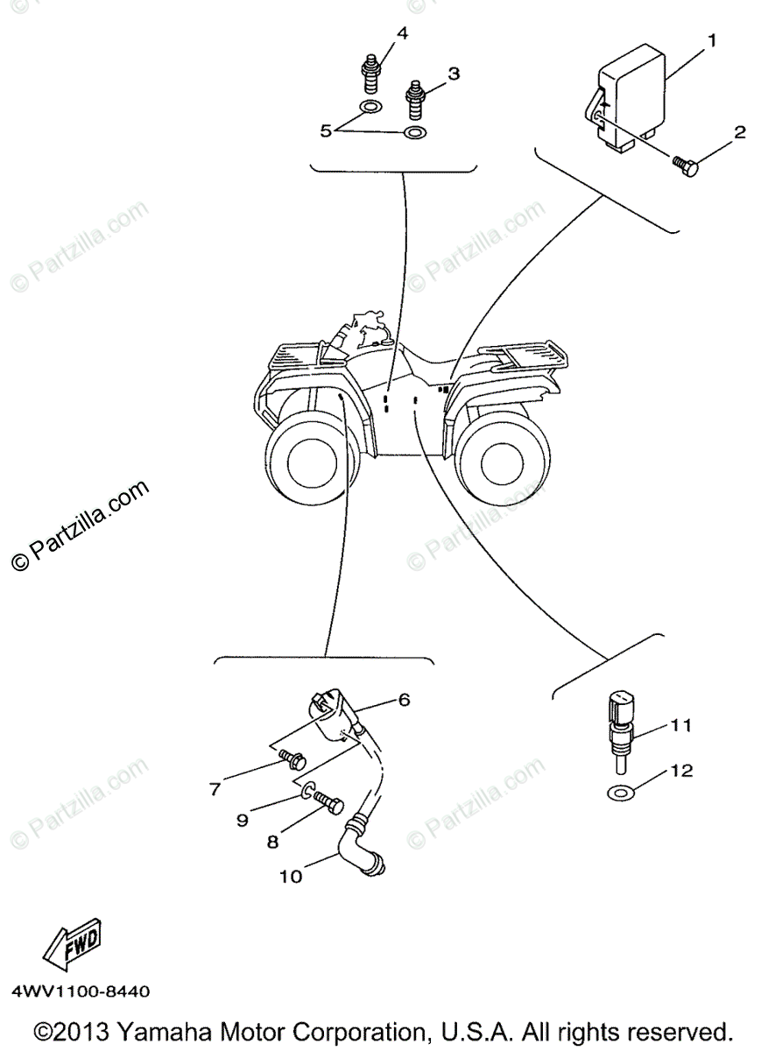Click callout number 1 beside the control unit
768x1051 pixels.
712,39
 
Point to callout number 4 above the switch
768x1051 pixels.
402,33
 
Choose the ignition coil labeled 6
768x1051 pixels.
287,758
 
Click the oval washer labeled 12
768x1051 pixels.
620,793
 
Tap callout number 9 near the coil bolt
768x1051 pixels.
242,819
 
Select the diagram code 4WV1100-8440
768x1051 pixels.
81,992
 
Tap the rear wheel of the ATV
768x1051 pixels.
497,459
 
